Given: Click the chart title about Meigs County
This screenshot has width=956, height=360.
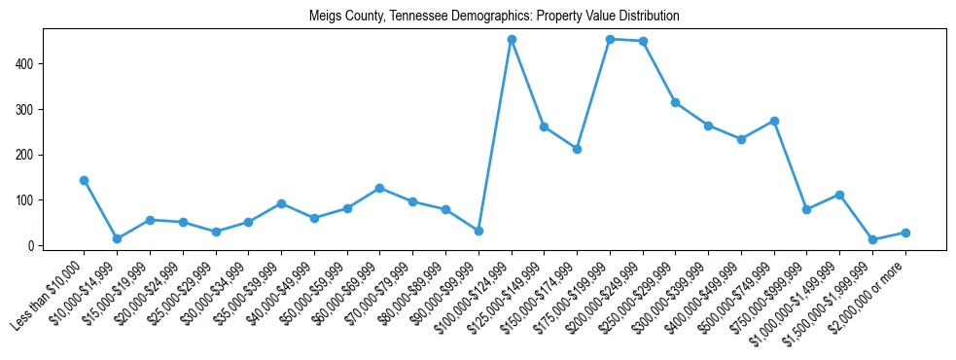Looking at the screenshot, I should click(x=494, y=17).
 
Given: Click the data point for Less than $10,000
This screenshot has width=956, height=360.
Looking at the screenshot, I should click(x=84, y=180).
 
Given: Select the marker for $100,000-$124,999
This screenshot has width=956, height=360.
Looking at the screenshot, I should click(x=512, y=40).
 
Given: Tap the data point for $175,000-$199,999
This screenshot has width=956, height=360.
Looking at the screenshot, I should click(x=610, y=39).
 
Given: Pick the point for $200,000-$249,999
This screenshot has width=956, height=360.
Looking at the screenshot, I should click(x=643, y=41).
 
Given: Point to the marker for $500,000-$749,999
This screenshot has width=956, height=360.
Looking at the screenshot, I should click(x=774, y=121).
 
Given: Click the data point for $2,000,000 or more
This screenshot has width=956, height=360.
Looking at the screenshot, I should click(x=905, y=233).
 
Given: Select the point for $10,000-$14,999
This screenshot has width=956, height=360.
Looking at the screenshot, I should click(x=117, y=238).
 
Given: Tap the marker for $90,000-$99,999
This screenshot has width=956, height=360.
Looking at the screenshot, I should click(x=478, y=231).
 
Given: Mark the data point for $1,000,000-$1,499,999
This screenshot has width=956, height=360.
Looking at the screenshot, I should click(x=839, y=195).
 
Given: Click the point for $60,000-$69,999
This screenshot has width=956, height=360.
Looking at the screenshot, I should click(x=379, y=188).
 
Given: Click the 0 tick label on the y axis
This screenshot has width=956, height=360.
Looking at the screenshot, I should click(x=32, y=245).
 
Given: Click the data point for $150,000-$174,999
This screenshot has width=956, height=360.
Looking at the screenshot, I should click(x=577, y=149).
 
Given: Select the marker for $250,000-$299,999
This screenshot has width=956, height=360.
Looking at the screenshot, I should click(x=676, y=102).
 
